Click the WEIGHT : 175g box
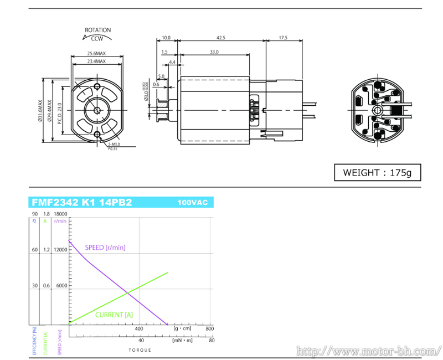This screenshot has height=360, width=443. (377, 172)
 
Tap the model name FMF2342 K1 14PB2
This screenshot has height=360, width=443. (81, 202)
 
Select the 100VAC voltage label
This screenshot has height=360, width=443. (192, 203)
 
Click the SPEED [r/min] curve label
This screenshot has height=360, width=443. (105, 247)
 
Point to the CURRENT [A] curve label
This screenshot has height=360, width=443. (114, 315)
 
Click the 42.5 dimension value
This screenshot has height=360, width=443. (221, 38)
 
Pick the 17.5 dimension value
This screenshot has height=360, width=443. (283, 38)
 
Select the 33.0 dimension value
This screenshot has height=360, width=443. (214, 52)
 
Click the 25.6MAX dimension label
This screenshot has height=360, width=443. (96, 54)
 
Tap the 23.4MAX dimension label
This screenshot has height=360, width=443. (96, 61)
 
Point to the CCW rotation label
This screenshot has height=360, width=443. (97, 39)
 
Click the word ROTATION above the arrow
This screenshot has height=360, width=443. (97, 30)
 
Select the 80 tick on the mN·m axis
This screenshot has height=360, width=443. (212, 340)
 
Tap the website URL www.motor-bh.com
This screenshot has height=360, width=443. (367, 351)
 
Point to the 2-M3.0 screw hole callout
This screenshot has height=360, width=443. (114, 144)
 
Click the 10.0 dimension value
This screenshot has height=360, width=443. (166, 38)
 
